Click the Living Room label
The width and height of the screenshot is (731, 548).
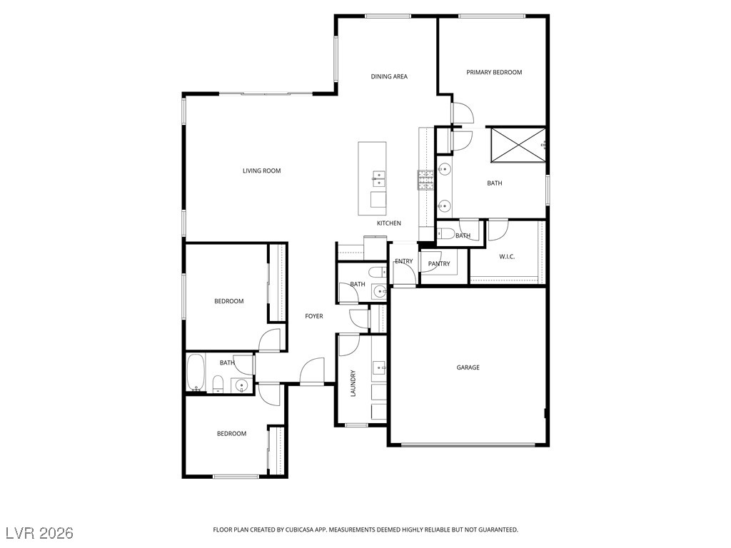(x=261, y=171)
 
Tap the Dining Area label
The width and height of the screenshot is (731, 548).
(x=389, y=76)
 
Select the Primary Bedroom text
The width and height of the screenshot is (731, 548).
(x=494, y=72)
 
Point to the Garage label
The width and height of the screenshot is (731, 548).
(x=468, y=367)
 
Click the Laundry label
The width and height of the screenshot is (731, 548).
(x=353, y=383)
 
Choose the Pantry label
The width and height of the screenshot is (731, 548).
(x=439, y=264)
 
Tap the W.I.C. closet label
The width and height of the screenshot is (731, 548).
(x=507, y=257)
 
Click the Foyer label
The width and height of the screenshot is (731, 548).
(x=314, y=316)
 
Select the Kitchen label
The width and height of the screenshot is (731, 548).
(x=389, y=223)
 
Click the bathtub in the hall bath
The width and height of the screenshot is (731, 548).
(x=196, y=372)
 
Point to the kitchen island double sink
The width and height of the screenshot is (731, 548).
(x=378, y=178)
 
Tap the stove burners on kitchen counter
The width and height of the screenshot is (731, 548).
(x=425, y=181)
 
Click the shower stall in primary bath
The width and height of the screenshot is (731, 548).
(x=518, y=145)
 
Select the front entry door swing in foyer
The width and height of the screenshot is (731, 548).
(x=311, y=370)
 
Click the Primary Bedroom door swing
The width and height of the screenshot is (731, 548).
(x=462, y=113)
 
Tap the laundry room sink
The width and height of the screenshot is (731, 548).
(x=379, y=367)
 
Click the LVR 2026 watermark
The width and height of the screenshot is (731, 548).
(x=39, y=532)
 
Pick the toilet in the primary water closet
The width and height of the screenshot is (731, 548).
(x=446, y=233)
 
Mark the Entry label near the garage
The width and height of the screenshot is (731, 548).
(x=404, y=261)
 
